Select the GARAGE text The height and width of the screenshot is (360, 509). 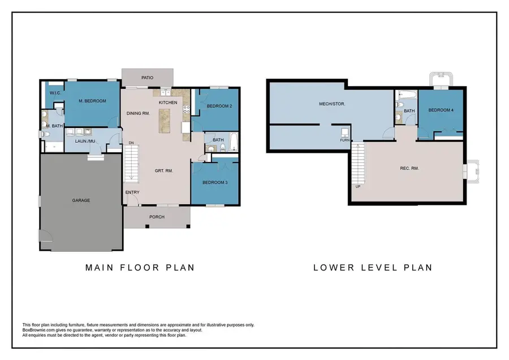(x=81, y=200)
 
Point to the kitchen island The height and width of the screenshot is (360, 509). (x=165, y=120)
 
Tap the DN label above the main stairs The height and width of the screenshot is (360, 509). (x=131, y=143)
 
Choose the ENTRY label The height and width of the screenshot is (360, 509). (x=132, y=192)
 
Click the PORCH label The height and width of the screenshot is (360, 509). (x=157, y=217)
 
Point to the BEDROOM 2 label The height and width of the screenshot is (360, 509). (x=219, y=106)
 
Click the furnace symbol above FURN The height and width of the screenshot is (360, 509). (x=344, y=133)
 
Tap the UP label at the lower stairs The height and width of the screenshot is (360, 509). (x=357, y=186)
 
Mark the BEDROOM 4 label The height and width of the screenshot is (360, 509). (x=441, y=110)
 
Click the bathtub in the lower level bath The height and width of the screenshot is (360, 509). (x=407, y=95)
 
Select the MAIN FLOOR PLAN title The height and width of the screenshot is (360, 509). (x=140, y=267)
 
